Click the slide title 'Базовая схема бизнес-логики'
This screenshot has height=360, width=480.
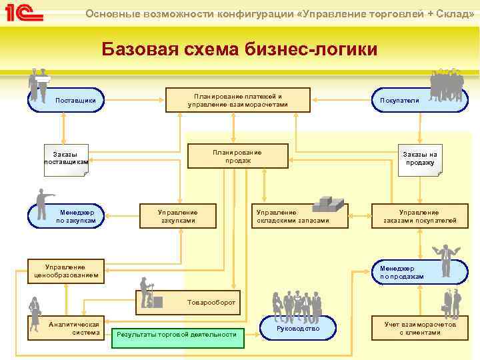pyautogui.click(x=239, y=49)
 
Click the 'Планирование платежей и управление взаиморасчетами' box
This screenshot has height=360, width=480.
pyautogui.click(x=238, y=100)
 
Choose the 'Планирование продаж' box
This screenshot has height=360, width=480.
pyautogui.click(x=238, y=157)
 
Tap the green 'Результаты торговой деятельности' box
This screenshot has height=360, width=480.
pyautogui.click(x=177, y=334)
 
